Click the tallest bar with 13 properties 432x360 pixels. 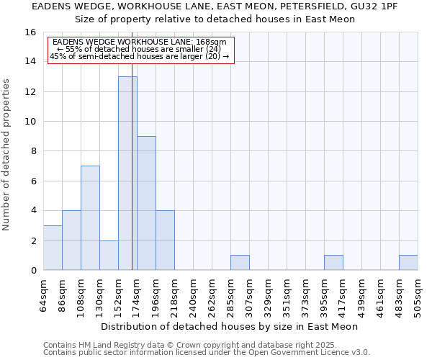click(127, 173)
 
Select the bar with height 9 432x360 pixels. click(146, 203)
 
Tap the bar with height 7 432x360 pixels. click(90, 217)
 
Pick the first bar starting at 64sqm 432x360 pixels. click(53, 248)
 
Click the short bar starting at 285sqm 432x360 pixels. click(240, 263)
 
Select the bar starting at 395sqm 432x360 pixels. click(333, 263)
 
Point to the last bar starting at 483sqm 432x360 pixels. click(408, 263)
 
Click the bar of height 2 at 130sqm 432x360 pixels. click(109, 256)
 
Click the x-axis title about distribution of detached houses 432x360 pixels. click(230, 326)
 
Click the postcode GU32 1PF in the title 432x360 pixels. click(375, 6)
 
